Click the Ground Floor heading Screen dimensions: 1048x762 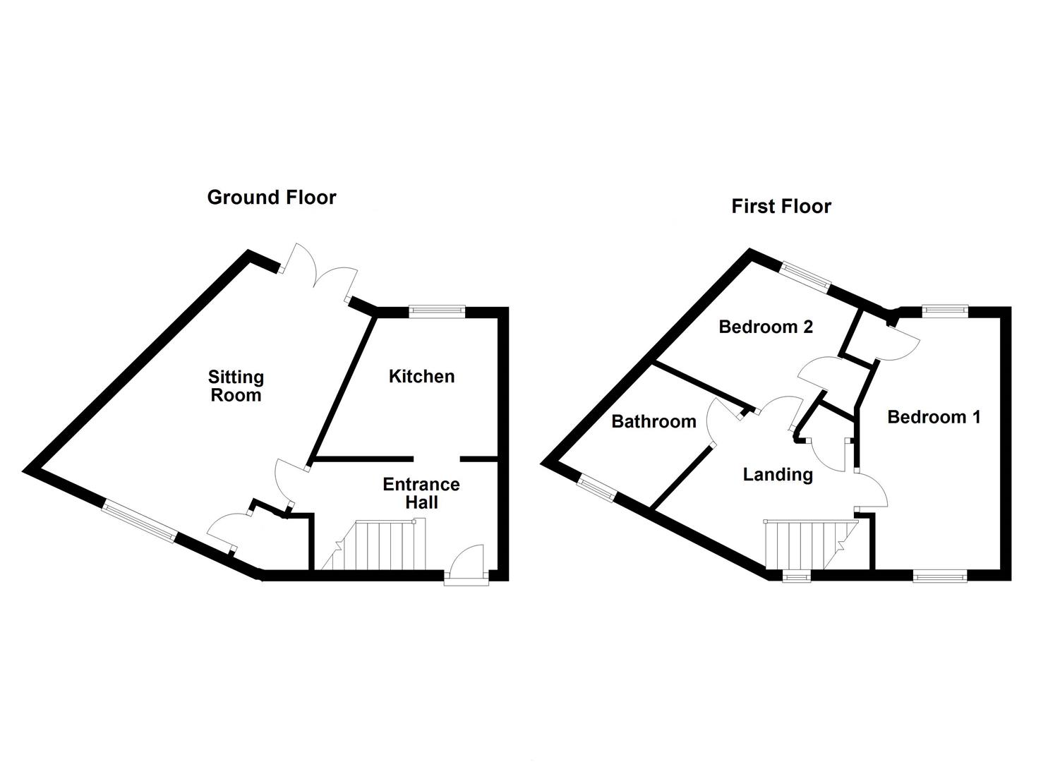click(272, 198)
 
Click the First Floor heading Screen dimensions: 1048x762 click(781, 206)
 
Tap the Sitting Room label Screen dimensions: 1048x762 click(236, 386)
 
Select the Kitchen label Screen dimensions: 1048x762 click(421, 376)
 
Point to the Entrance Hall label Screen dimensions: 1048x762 click(421, 493)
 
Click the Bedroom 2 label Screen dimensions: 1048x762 click(766, 327)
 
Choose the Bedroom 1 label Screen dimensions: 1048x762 click(934, 417)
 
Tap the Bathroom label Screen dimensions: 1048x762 click(654, 421)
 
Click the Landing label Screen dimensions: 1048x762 click(778, 474)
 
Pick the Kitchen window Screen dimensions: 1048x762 click(437, 312)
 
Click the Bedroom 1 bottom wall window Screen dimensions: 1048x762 click(940, 576)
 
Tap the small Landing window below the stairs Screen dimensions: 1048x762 click(797, 576)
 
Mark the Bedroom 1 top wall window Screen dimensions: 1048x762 click(945, 312)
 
